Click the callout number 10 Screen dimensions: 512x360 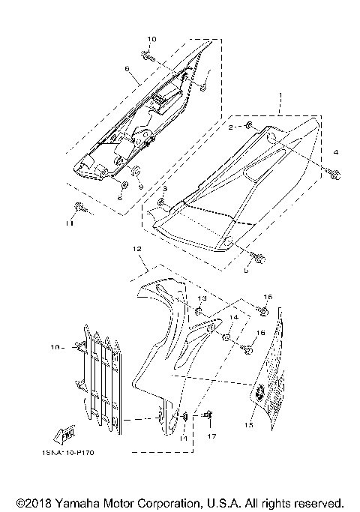tap(151, 39)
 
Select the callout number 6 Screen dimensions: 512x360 tap(127, 68)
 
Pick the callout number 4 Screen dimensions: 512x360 tap(336, 152)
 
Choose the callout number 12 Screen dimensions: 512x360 tap(136, 248)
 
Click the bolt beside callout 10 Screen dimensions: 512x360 tap(148, 55)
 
